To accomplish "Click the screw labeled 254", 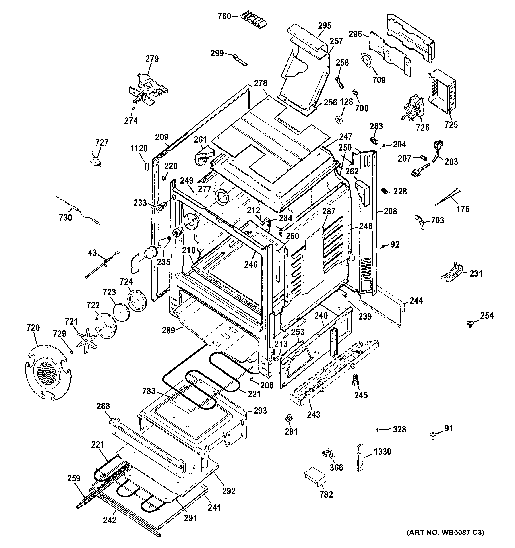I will tap(469, 324).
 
